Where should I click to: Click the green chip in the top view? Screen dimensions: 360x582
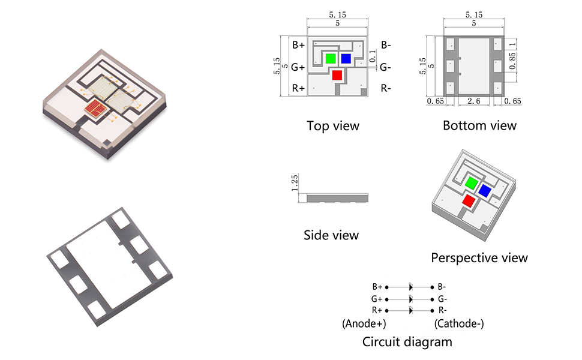pos(330,58)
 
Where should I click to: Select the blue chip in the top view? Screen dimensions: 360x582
pos(346,58)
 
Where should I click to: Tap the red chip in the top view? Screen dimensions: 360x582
pos(337,75)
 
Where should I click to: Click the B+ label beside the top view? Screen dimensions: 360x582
pos(298,45)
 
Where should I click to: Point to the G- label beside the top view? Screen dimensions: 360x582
pos(386,67)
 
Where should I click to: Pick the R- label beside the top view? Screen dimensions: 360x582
pos(386,89)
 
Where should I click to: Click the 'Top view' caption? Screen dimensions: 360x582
pos(333,126)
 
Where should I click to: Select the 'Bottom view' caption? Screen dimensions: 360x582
pos(479,125)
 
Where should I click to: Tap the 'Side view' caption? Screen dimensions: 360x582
pos(331,235)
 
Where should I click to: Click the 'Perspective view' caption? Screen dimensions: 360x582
pos(479,258)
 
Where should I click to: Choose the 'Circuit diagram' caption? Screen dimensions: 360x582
pos(407,342)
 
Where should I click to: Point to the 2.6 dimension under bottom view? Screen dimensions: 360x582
pos(474,101)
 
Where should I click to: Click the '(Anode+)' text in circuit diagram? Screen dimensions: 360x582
pos(364,324)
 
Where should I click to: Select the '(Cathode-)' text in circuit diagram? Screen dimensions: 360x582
pos(459,324)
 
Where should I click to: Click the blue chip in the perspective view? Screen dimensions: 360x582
pos(484,191)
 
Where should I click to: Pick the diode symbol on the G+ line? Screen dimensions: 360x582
pos(411,298)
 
